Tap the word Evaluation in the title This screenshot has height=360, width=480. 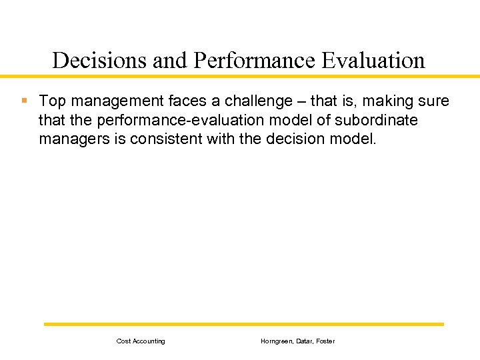pyautogui.click(x=373, y=61)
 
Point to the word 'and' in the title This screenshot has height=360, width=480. pyautogui.click(x=171, y=61)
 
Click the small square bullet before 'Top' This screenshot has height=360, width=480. pyautogui.click(x=24, y=101)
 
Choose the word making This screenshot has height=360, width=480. pyautogui.click(x=386, y=101)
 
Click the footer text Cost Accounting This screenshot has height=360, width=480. pyautogui.click(x=141, y=341)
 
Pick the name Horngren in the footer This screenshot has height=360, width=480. pyautogui.click(x=275, y=341)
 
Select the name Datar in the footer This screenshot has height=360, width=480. pyautogui.click(x=304, y=341)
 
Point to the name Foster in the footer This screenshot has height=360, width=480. pyautogui.click(x=326, y=341)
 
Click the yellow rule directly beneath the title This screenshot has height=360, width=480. pyautogui.click(x=240, y=77)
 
